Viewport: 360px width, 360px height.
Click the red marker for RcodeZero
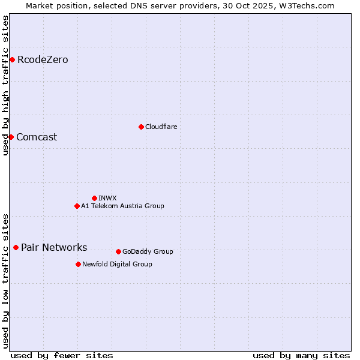[x=12, y=59]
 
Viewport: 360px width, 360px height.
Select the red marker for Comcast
[x=11, y=137]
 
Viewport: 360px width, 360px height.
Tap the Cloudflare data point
[x=141, y=127]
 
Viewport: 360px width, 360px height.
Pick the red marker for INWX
[x=94, y=198]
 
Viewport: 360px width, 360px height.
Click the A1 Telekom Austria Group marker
[x=77, y=206]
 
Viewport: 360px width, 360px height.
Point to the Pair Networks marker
[x=16, y=247]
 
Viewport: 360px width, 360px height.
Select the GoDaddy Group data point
[x=118, y=251]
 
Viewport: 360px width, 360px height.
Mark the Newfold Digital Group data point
[x=78, y=264]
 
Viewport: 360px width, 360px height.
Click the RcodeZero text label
[x=43, y=59]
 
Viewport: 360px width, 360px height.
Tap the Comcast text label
[x=37, y=137]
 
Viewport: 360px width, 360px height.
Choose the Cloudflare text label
[x=161, y=127]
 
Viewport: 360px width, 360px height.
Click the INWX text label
[x=107, y=198]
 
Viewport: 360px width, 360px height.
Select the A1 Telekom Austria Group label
[x=122, y=206]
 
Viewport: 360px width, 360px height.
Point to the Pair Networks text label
[x=54, y=247]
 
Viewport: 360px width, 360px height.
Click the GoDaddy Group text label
[x=148, y=251]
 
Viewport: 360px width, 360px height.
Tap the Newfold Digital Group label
[x=117, y=264]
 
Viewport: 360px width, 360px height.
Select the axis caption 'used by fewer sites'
[x=62, y=355]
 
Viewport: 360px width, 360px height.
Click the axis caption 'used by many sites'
[x=301, y=355]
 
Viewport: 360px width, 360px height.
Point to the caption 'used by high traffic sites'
[x=5, y=85]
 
